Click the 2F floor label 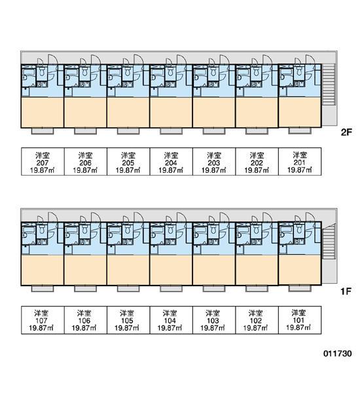pyautogui.click(x=346, y=132)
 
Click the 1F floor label pyautogui.click(x=346, y=291)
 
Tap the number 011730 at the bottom pyautogui.click(x=338, y=354)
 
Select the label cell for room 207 pyautogui.click(x=43, y=161)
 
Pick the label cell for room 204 pyautogui.click(x=171, y=161)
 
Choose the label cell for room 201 pyautogui.click(x=300, y=161)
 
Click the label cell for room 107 pyautogui.click(x=43, y=320)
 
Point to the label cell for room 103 pyautogui.click(x=214, y=320)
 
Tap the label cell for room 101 pyautogui.click(x=300, y=320)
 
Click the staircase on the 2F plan pyautogui.click(x=329, y=84)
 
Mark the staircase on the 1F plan pyautogui.click(x=329, y=241)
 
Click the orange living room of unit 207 pyautogui.click(x=43, y=112)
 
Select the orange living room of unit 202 pyautogui.click(x=257, y=112)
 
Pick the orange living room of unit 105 pyautogui.click(x=128, y=270)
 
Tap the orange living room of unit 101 pyautogui.click(x=300, y=269)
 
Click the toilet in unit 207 pyautogui.click(x=42, y=71)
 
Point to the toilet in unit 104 pyautogui.click(x=170, y=229)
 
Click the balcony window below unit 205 pyautogui.click(x=128, y=131)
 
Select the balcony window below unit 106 pyautogui.click(x=86, y=288)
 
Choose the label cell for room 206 pyautogui.click(x=86, y=161)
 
